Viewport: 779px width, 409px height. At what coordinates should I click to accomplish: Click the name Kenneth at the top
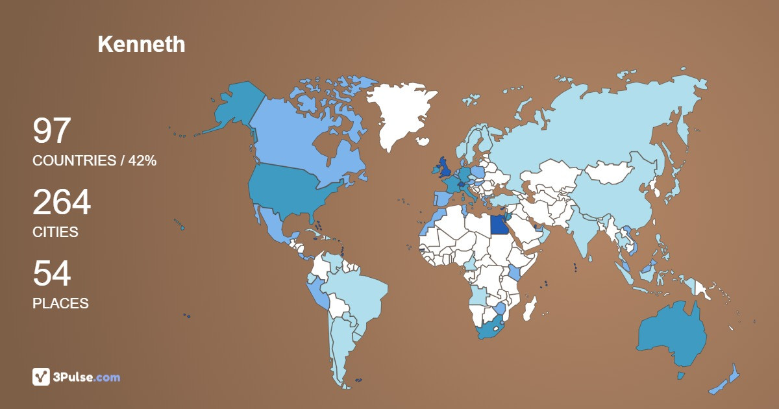tap(141, 44)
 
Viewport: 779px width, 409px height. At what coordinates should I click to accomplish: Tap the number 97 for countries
tap(51, 131)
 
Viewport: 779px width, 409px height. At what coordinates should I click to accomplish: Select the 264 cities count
tap(62, 203)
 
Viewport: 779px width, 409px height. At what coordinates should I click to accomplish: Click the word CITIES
tap(55, 232)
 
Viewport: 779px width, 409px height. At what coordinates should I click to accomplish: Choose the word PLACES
tap(60, 303)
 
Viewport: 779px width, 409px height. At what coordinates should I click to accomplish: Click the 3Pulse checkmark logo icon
tap(42, 377)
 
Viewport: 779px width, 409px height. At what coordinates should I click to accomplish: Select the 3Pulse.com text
tap(87, 377)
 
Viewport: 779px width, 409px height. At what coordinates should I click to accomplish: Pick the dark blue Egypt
tap(499, 225)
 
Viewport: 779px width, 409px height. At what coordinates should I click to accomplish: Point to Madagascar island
tap(532, 306)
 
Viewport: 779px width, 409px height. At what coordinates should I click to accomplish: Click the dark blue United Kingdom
tap(444, 167)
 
